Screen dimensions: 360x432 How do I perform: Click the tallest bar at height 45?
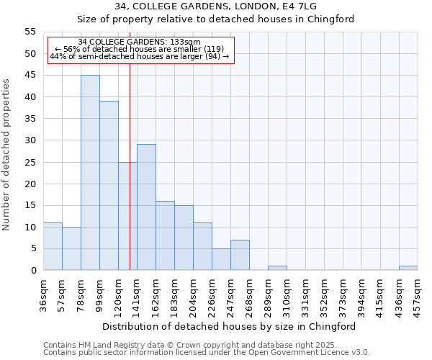[90, 173]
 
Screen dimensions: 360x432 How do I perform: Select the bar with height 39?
[109, 186]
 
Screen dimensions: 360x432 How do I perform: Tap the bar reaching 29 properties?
[146, 207]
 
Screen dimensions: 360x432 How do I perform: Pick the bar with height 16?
[165, 235]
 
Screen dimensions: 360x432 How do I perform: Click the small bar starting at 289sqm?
[277, 268]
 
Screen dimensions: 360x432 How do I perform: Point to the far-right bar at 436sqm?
[408, 268]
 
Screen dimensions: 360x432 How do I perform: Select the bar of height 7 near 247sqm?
[240, 255]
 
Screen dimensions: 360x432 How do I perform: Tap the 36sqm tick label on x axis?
[44, 295]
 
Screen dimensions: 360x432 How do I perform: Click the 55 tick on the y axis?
[30, 32]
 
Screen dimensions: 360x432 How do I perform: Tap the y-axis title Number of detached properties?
[7, 154]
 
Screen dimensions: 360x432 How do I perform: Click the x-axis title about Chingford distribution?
[229, 326]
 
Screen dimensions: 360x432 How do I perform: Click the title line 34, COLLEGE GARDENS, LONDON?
[215, 6]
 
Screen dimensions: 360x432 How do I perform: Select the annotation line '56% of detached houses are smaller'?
[140, 49]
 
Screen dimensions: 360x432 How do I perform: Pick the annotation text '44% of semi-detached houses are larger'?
[140, 56]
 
